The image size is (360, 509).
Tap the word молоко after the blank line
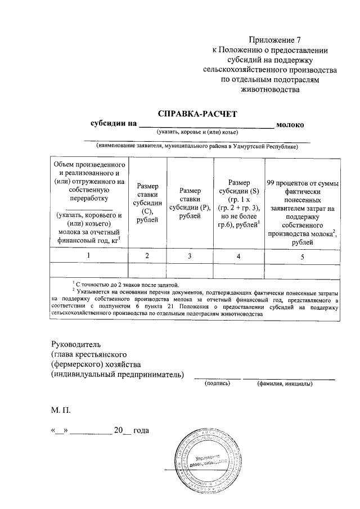(290, 124)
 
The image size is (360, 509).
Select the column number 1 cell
(89, 256)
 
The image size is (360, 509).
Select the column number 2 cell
(147, 256)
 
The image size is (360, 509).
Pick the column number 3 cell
(190, 256)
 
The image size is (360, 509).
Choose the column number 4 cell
(238, 256)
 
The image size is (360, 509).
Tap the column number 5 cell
(302, 256)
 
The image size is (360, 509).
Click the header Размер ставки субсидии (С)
(147, 203)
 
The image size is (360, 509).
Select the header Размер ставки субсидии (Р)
(190, 203)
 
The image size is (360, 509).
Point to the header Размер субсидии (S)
(238, 203)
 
